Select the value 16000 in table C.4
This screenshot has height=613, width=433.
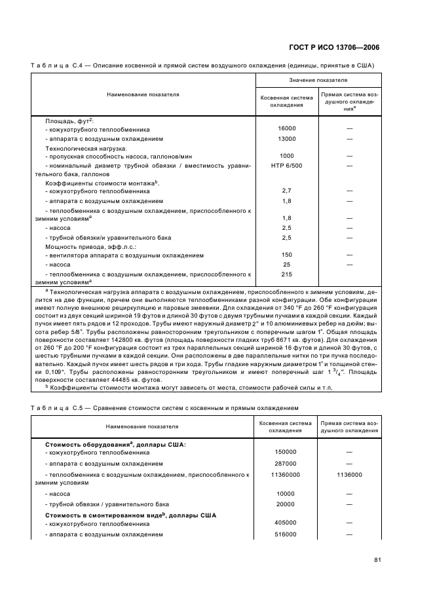point(286,129)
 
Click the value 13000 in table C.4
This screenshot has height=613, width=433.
point(286,139)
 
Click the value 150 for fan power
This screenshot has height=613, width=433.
point(286,255)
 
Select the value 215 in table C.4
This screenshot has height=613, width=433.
point(286,274)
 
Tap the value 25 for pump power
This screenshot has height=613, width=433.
point(286,265)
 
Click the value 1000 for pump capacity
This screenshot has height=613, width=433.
point(286,156)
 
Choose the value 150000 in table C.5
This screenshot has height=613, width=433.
point(286,452)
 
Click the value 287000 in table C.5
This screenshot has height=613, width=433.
point(286,464)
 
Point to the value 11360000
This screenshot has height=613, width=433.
point(286,475)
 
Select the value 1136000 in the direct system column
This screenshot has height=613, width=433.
point(349,475)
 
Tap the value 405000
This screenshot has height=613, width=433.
point(286,523)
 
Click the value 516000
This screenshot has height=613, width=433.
point(286,535)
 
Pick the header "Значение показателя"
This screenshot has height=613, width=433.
point(318,80)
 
